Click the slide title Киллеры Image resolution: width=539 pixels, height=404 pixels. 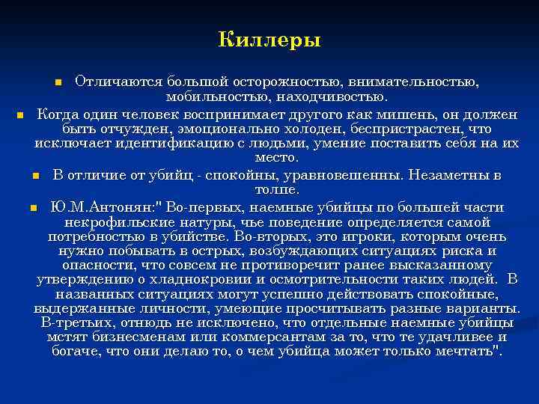pyautogui.click(x=269, y=39)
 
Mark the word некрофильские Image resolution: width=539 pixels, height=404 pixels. pyautogui.click(x=112, y=221)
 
